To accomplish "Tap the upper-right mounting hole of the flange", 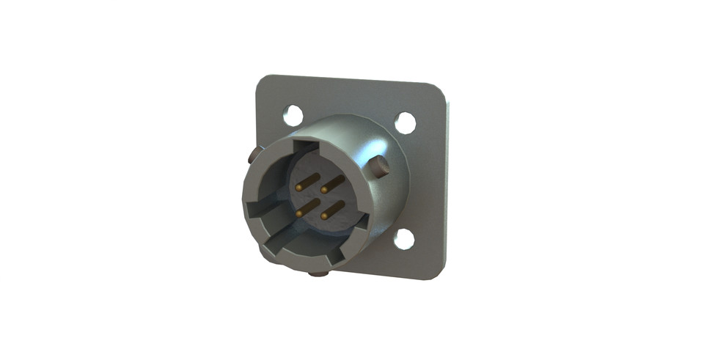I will pos(406,122).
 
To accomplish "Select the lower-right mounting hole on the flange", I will pos(404,239).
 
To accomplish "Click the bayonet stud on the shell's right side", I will pos(380,167).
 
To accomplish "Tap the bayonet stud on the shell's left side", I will pos(252,155).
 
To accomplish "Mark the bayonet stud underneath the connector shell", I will pos(318,273).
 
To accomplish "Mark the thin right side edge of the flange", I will pos(449,183).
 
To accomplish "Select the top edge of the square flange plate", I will pos(352,78).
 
